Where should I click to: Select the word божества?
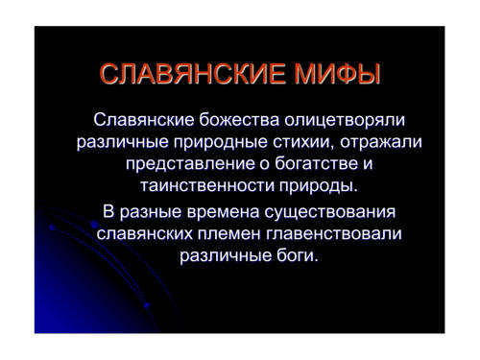(x=239, y=120)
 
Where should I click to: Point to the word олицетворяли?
(x=345, y=121)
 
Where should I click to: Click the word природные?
(x=221, y=143)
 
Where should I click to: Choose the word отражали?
(x=381, y=143)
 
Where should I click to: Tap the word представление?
(x=190, y=164)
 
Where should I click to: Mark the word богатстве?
(x=316, y=163)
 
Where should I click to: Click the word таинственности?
(x=207, y=185)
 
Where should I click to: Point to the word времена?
(x=223, y=212)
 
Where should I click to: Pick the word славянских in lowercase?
(x=145, y=234)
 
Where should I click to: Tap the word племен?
(x=229, y=234)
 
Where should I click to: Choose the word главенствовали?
(x=334, y=234)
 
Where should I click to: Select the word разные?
(x=151, y=213)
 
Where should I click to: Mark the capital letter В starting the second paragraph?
(x=108, y=212)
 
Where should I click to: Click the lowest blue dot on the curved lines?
(x=147, y=305)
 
